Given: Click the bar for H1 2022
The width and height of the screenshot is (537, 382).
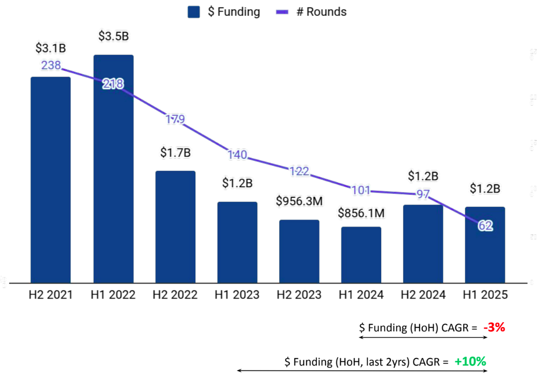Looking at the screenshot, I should pyautogui.click(x=113, y=169).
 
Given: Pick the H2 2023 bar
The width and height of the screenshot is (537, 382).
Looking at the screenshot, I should pyautogui.click(x=299, y=251).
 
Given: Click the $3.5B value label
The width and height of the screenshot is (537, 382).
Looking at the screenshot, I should pyautogui.click(x=113, y=36).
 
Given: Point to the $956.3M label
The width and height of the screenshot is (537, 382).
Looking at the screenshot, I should pyautogui.click(x=299, y=201).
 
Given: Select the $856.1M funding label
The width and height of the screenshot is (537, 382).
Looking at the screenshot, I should pyautogui.click(x=361, y=213).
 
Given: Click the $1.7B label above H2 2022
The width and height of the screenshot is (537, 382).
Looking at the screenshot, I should pyautogui.click(x=176, y=152).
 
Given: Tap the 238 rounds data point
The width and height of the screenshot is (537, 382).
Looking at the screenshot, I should pyautogui.click(x=51, y=66).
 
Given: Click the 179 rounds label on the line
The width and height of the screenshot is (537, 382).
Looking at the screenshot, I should pyautogui.click(x=175, y=119).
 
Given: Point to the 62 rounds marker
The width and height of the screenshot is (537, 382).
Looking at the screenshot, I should pyautogui.click(x=485, y=226).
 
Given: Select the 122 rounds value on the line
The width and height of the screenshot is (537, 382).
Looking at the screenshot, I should pyautogui.click(x=299, y=171).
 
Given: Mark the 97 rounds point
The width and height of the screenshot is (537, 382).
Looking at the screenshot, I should pyautogui.click(x=423, y=194).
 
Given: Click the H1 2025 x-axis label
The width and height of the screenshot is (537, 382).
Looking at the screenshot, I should pyautogui.click(x=485, y=295).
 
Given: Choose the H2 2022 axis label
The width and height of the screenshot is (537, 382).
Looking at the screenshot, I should pyautogui.click(x=176, y=295).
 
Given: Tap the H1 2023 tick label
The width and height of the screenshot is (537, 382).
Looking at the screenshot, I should pyautogui.click(x=237, y=295).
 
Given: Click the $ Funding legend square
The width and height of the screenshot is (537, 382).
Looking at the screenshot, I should pyautogui.click(x=194, y=12).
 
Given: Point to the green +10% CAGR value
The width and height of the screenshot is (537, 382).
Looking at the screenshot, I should pyautogui.click(x=470, y=362).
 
